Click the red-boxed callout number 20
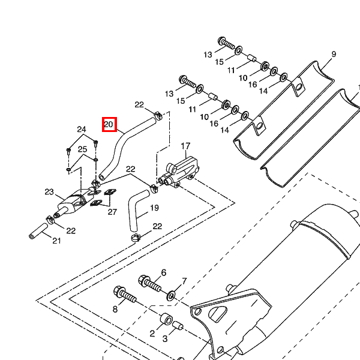coord(109,124)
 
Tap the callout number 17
coord(185,146)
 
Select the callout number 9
coord(334,54)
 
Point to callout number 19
coord(154,208)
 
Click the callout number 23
coord(49,192)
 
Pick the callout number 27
coord(112,212)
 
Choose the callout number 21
coord(57,241)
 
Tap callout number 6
coord(163,272)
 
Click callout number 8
coord(115,309)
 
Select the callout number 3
coord(165,338)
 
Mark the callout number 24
coord(82,130)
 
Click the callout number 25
coord(82,149)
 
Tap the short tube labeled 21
coord(38,231)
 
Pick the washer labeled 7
coord(171,295)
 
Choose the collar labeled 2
coord(166,319)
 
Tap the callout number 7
coord(184,281)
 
